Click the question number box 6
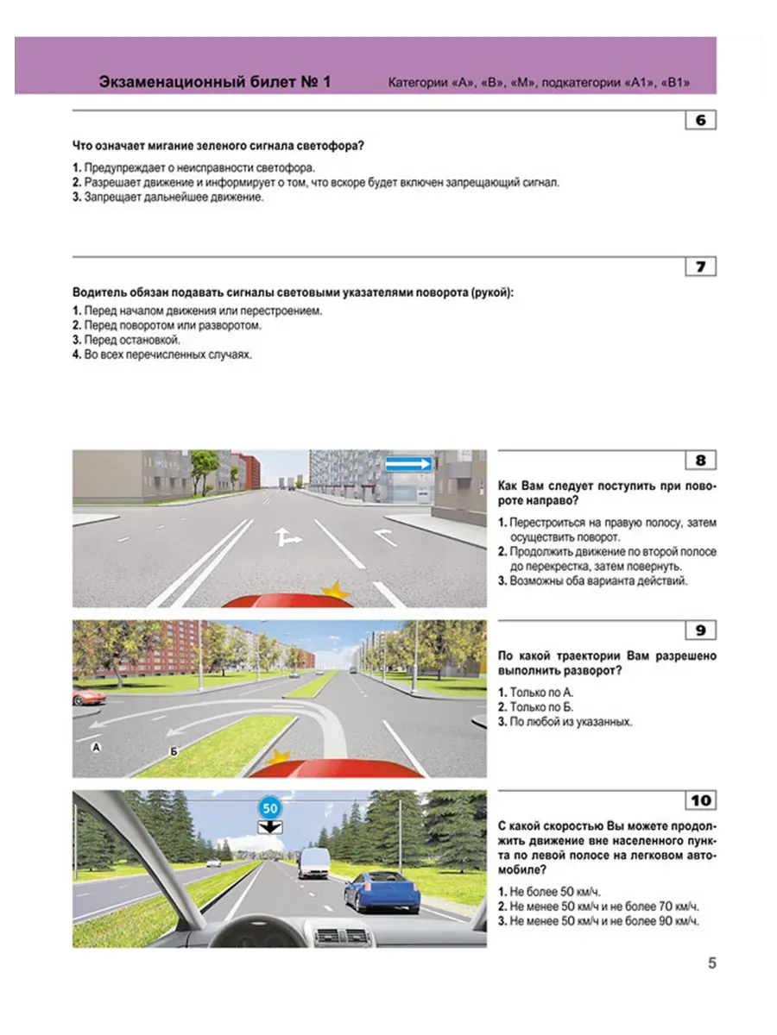700,120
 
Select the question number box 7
700,267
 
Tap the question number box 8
700,461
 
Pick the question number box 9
700,630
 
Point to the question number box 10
700,800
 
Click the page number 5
711,963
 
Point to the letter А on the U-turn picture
97,749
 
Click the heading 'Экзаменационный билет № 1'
215,83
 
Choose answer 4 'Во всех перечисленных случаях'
163,354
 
